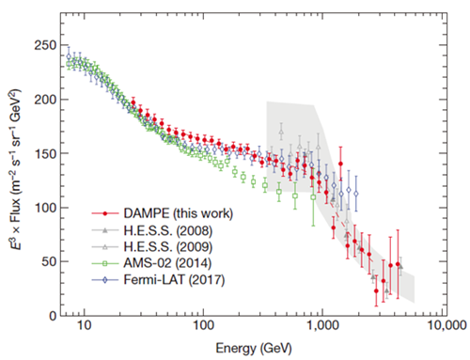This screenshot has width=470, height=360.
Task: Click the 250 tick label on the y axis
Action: coord(44,45)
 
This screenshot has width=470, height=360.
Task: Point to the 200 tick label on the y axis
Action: coord(44,100)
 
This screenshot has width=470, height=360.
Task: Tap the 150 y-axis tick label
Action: coord(44,153)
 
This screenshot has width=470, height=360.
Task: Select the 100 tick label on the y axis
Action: coord(44,208)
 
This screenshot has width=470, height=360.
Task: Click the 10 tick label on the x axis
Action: coord(84,325)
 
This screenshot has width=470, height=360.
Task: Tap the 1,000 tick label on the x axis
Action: coord(322,325)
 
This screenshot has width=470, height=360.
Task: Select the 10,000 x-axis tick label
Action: coord(446,325)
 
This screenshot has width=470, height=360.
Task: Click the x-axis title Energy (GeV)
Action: coord(254,349)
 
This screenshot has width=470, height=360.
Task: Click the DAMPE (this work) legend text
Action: coord(179,213)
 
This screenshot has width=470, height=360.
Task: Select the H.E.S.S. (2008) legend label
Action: coord(168,230)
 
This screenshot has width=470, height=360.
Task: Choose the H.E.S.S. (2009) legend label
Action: coord(168,247)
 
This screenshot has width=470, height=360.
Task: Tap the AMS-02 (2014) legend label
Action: coord(167,263)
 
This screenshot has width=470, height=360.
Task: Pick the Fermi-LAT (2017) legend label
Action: coord(174,279)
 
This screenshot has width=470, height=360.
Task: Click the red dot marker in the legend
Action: coord(105,213)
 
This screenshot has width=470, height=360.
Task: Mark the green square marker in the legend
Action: coord(105,263)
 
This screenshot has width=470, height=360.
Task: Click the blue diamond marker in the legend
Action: coord(105,280)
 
